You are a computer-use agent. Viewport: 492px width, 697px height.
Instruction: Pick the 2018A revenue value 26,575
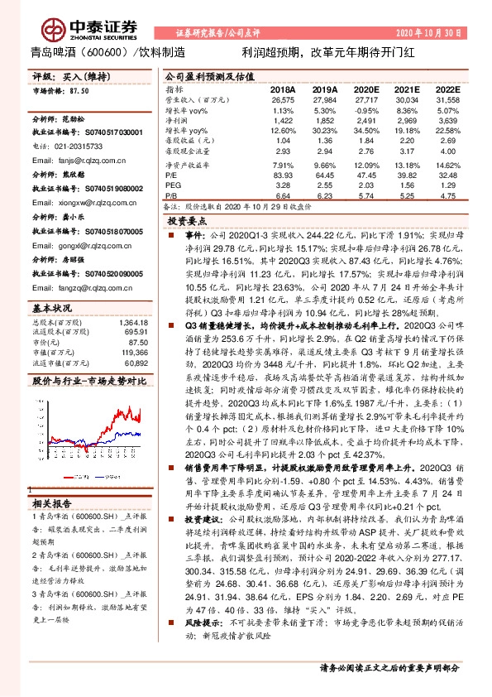coord(282,99)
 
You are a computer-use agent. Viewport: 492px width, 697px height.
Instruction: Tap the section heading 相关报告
coord(52,502)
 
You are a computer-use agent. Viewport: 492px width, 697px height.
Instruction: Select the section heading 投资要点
coord(188,222)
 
